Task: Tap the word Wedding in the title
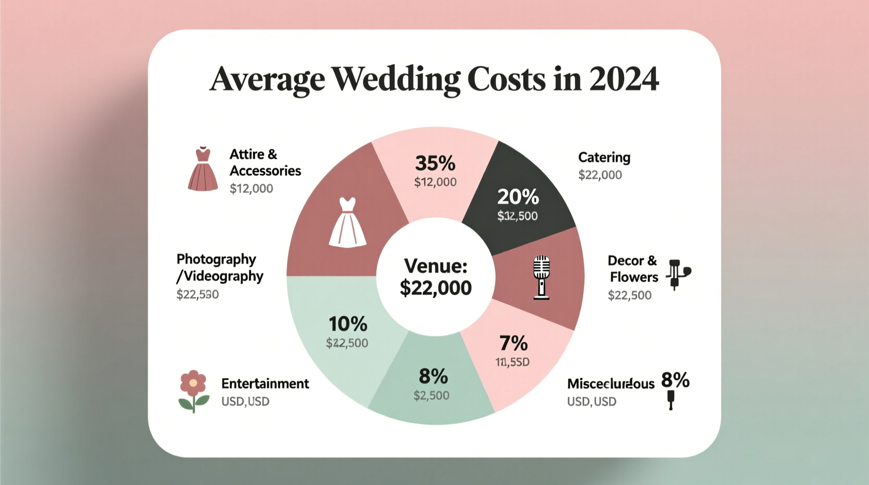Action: (395, 80)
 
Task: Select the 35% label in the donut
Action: (435, 163)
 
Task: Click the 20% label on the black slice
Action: (518, 197)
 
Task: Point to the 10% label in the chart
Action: (348, 324)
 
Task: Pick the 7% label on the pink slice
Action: (513, 343)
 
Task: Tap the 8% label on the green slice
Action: (433, 376)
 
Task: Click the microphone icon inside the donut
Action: (541, 277)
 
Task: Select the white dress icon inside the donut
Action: (347, 222)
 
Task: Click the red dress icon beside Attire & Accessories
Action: (203, 169)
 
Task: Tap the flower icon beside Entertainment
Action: (193, 391)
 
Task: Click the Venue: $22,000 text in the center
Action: (435, 277)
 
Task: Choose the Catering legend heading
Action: (604, 157)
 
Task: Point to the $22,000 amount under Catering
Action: (600, 175)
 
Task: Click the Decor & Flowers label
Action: (633, 269)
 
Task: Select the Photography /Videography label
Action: (219, 268)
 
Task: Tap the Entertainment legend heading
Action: (265, 384)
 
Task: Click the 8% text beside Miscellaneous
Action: (675, 380)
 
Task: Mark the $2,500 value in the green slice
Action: (431, 396)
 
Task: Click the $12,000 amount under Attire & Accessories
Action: (251, 189)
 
